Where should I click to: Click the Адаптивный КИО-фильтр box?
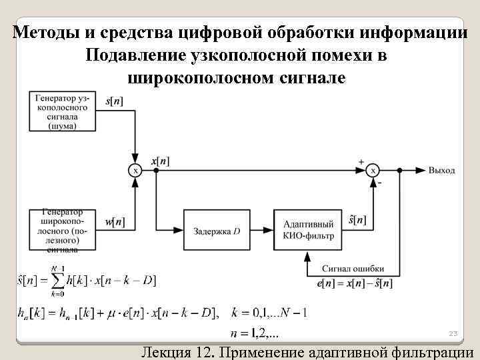(x=309, y=231)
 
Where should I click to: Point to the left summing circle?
(x=135, y=171)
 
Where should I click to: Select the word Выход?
(x=441, y=171)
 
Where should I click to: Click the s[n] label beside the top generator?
(x=114, y=102)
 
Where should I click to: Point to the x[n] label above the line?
(x=160, y=161)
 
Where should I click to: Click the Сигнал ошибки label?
(x=353, y=269)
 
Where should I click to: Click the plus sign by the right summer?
(x=361, y=161)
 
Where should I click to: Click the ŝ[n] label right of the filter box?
(x=357, y=219)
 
